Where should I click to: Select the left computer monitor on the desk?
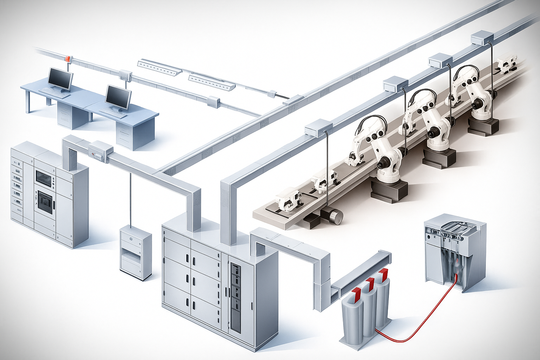point(60,78)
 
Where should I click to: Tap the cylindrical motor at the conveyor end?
point(332,216)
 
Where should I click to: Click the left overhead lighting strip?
point(159,67)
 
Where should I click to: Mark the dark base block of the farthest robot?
point(483,126)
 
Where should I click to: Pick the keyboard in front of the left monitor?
point(53,91)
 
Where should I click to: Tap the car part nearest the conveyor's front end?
point(288,201)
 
